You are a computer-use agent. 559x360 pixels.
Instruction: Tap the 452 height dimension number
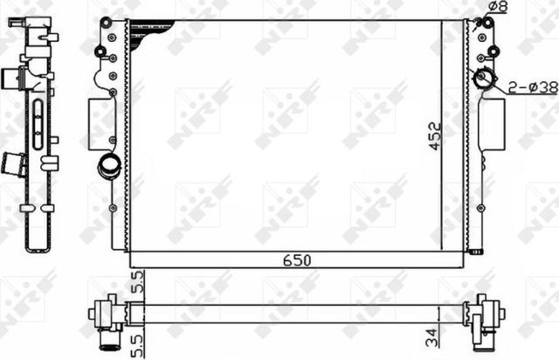(435, 135)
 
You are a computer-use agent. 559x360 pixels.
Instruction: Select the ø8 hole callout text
(496, 8)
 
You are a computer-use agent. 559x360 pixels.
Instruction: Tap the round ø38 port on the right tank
(483, 80)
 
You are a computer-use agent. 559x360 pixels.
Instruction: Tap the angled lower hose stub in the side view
(15, 164)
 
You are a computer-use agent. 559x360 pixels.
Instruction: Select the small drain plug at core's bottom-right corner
(476, 252)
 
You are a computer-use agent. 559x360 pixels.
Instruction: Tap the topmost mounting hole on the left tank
(106, 21)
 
